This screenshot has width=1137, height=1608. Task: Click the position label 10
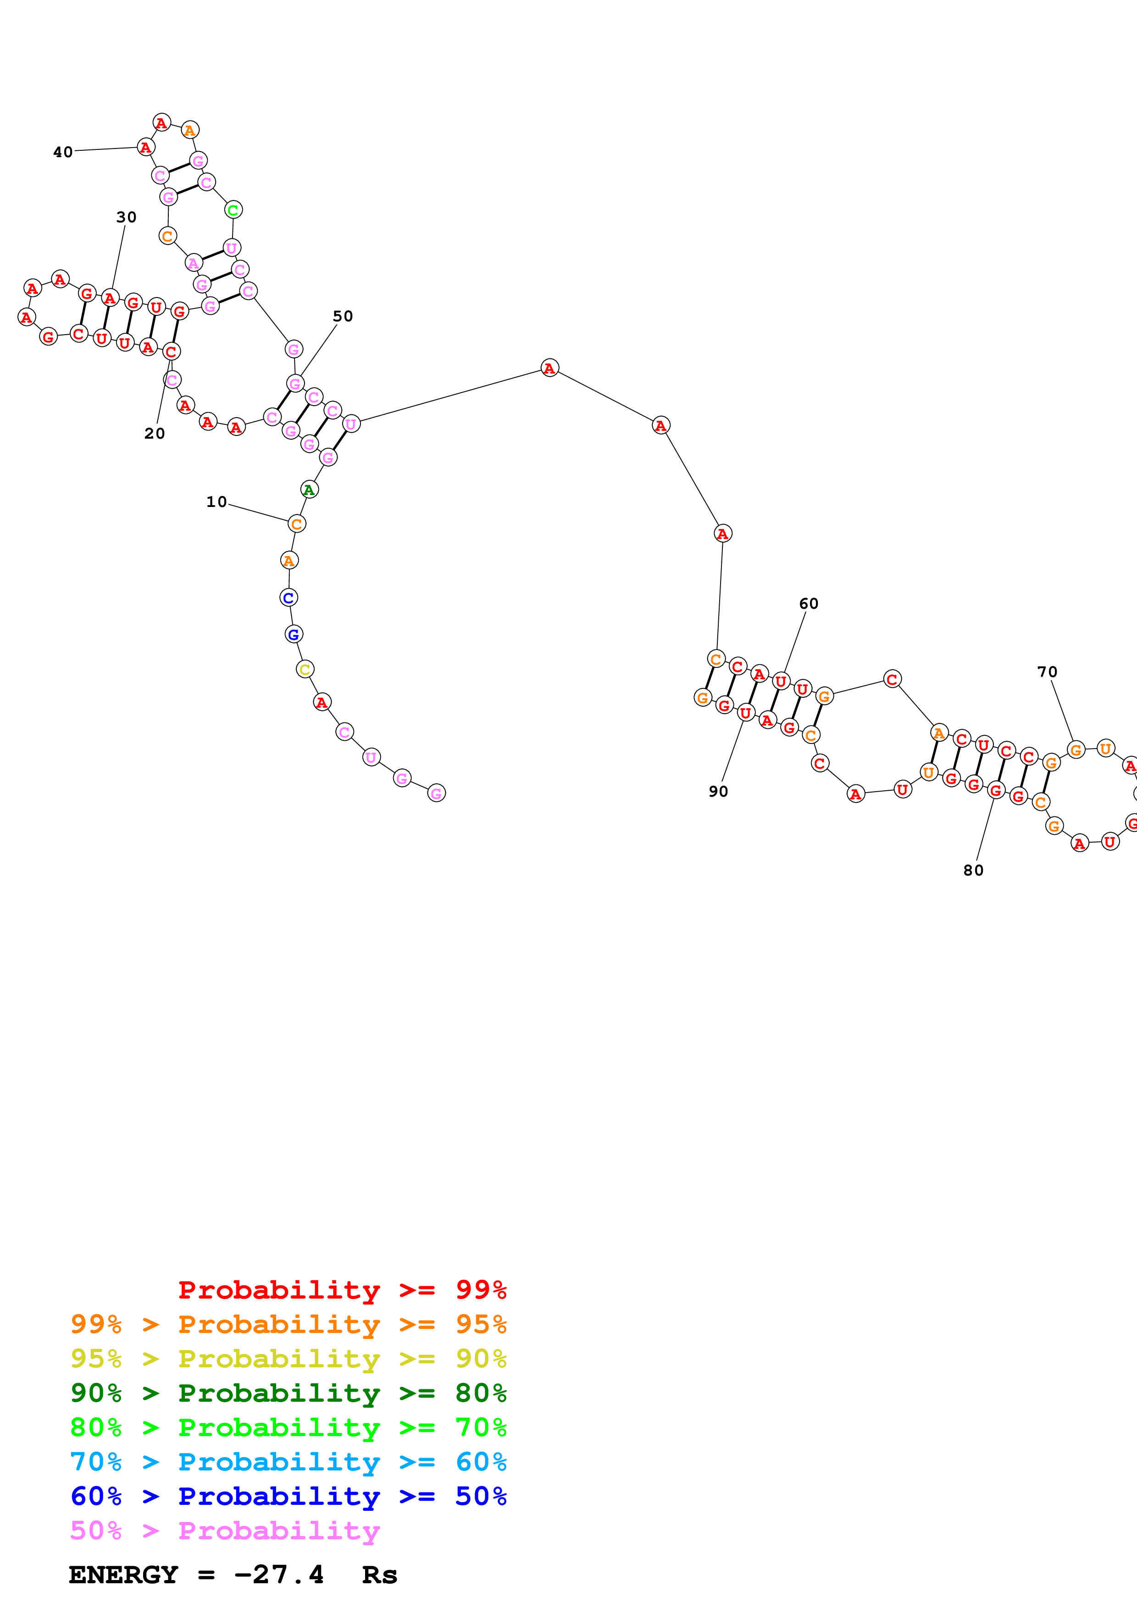(216, 502)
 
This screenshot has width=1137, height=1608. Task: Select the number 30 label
(126, 218)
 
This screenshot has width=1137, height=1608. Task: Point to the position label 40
(63, 153)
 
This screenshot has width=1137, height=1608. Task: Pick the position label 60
(809, 604)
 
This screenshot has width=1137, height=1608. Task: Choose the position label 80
(973, 870)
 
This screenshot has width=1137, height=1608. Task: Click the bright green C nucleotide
(233, 210)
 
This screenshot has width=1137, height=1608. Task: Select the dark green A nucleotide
(309, 490)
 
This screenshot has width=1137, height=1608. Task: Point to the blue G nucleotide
(294, 634)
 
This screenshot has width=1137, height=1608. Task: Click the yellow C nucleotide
(305, 670)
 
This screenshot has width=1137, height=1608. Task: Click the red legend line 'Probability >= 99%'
(342, 1290)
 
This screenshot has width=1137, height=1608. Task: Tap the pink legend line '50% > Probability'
(224, 1530)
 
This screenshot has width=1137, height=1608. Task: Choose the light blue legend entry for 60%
(288, 1462)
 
